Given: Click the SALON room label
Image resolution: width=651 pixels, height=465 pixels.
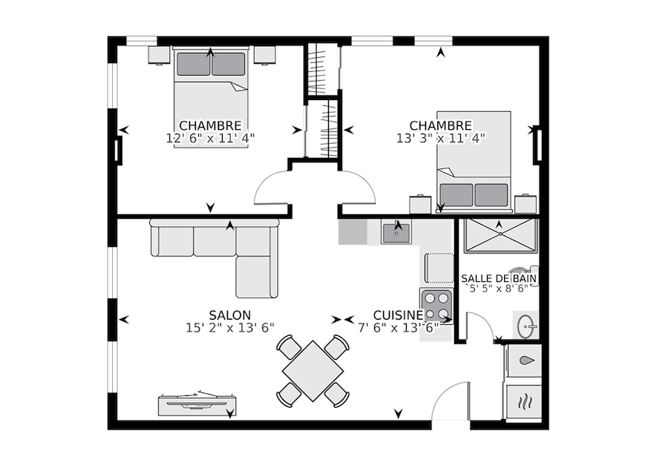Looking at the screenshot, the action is click(229, 315).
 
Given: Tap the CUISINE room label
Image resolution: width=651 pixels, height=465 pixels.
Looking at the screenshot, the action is click(398, 315).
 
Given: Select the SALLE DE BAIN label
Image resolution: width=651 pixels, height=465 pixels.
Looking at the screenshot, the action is click(499, 278).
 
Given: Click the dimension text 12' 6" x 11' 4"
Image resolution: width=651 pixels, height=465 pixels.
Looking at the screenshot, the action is click(210, 138).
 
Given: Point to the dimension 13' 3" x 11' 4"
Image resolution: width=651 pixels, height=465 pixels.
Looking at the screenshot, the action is click(440, 138).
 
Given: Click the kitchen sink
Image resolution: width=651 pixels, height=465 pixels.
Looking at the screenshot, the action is click(396, 233).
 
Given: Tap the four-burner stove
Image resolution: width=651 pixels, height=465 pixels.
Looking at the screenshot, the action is click(436, 304).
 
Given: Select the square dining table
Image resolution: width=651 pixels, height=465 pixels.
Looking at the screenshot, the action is click(313, 371).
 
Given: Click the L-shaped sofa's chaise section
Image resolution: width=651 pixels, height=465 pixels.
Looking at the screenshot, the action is click(257, 277).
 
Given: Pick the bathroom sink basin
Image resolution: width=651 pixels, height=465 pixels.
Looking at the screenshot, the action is click(526, 326).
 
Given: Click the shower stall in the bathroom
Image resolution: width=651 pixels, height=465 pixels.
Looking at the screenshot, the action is click(501, 235).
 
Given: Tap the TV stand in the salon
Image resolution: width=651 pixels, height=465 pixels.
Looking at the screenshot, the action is click(197, 404).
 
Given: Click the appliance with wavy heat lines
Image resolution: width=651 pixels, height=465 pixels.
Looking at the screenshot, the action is click(524, 401).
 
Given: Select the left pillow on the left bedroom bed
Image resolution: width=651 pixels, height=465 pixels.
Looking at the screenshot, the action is click(194, 65).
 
